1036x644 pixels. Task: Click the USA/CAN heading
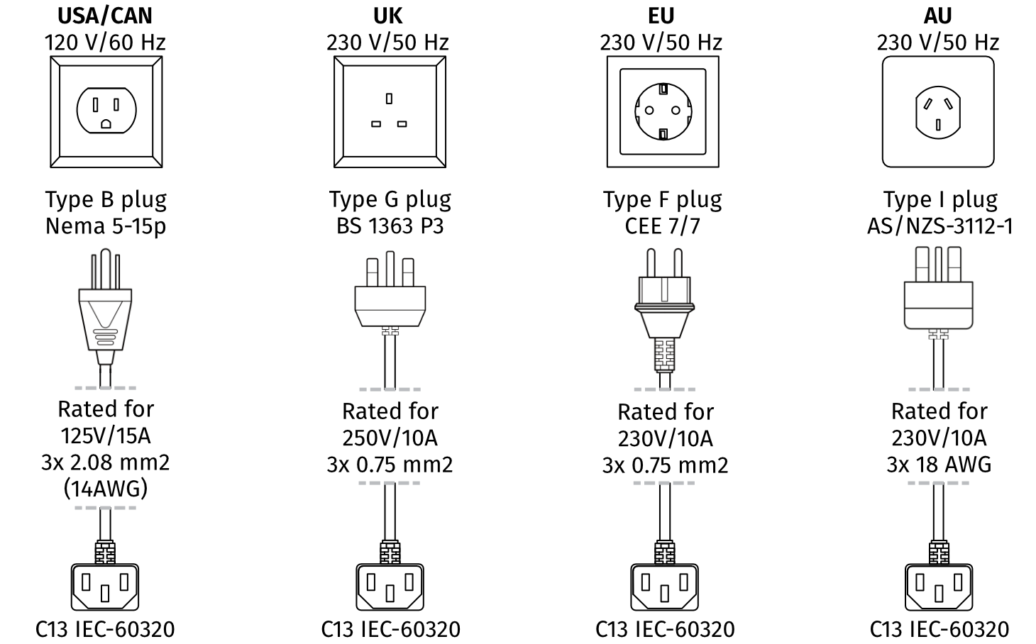(x=105, y=15)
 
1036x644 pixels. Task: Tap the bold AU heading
(x=937, y=15)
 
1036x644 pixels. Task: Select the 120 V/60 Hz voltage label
(x=105, y=43)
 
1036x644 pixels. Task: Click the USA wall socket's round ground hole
(x=106, y=124)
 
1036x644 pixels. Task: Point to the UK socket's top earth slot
(x=389, y=98)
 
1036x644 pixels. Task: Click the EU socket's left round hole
(x=648, y=111)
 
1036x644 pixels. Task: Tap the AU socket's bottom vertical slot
(x=937, y=126)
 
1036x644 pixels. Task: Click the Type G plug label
(x=390, y=200)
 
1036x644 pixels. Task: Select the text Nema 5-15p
(x=106, y=226)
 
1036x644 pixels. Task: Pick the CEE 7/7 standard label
(x=662, y=226)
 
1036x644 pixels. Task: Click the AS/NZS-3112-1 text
(x=939, y=226)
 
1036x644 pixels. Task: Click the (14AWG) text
(x=106, y=489)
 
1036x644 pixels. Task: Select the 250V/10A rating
(x=390, y=438)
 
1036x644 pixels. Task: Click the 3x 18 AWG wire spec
(x=939, y=465)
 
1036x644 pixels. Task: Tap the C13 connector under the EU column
(x=664, y=585)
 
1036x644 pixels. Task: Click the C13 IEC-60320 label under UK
(x=390, y=629)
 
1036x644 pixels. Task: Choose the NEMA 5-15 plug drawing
(x=106, y=312)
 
